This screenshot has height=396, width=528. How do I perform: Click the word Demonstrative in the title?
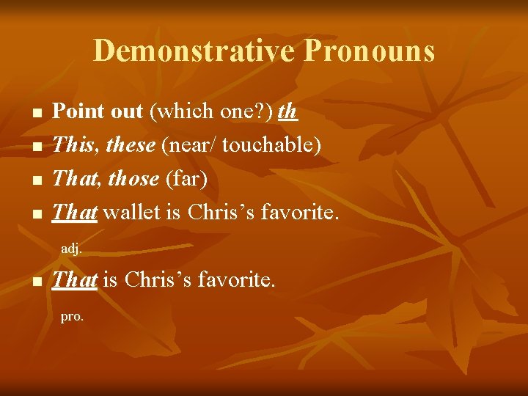click(194, 51)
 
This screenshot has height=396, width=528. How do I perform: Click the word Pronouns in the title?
click(369, 51)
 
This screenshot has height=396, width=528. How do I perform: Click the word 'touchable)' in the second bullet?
click(272, 145)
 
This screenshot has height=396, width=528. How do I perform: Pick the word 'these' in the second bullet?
click(131, 145)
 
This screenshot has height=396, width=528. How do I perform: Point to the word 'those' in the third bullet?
click(133, 178)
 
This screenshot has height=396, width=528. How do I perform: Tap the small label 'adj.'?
click(71, 249)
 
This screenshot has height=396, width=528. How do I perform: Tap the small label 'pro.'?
click(72, 318)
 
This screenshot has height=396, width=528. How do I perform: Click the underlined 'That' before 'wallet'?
click(76, 212)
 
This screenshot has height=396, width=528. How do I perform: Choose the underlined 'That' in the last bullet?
click(76, 279)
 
